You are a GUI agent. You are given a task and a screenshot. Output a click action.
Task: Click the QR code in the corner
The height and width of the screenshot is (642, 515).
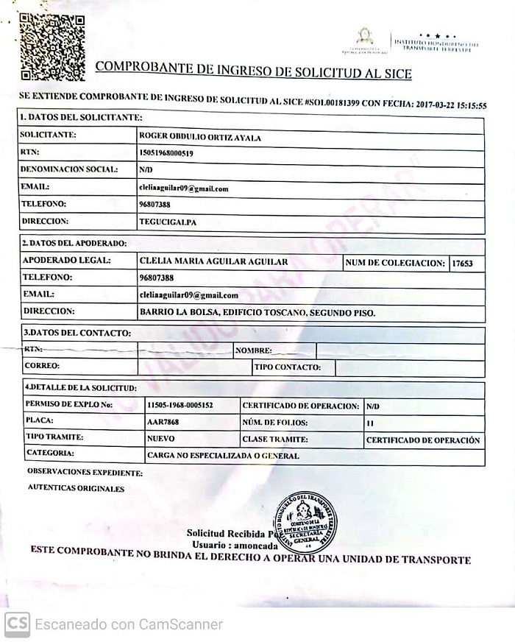52,46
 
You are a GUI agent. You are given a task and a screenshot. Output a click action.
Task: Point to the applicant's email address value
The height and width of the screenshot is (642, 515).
184,188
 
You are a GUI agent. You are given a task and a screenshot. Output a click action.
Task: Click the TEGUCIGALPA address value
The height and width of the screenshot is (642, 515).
168,221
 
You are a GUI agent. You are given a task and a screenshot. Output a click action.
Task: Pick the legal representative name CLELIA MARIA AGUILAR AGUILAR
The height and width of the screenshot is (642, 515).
213,261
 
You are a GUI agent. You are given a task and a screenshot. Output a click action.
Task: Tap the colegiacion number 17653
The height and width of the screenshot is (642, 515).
463,262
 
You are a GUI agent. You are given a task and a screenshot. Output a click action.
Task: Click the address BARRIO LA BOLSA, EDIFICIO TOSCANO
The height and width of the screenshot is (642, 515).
257,312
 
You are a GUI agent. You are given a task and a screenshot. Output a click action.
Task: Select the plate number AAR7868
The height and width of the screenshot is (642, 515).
163,423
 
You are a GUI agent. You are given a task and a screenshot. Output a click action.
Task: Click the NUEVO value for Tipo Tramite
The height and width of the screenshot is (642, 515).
161,439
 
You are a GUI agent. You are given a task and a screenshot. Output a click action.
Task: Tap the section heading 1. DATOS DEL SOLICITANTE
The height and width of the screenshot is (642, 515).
81,117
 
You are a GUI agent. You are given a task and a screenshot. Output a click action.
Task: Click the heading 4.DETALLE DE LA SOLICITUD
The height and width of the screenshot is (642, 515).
81,387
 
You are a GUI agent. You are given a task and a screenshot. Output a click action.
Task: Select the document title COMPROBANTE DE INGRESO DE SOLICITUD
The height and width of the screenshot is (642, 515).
254,70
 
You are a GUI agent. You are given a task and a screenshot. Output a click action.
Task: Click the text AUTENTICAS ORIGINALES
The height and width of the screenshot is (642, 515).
77,487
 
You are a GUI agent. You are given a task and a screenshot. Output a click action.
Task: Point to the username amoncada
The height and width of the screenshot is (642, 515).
255,546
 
